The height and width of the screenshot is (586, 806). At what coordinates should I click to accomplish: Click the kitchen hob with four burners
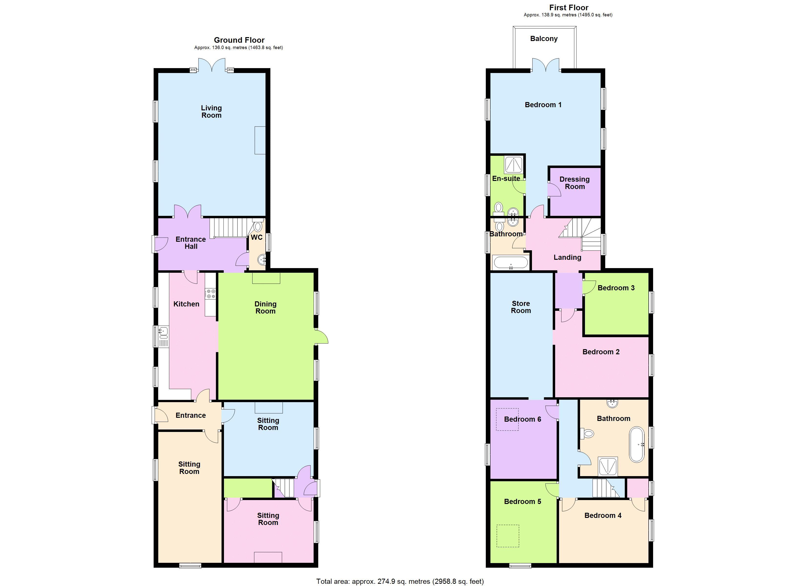[x=210, y=293]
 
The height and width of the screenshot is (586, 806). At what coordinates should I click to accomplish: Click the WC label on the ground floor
[x=257, y=237]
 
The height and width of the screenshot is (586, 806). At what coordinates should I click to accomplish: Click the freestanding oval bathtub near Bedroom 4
[x=636, y=444]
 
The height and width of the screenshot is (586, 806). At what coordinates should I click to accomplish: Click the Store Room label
[x=521, y=307]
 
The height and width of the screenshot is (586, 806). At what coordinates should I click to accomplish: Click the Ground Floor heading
[x=239, y=40]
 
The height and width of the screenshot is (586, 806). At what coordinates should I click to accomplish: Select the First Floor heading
[x=569, y=8]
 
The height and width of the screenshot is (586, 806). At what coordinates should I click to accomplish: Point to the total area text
[x=400, y=581]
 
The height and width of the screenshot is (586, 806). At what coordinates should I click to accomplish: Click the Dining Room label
[x=265, y=307]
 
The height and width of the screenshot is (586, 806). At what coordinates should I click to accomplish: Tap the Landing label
[x=567, y=257]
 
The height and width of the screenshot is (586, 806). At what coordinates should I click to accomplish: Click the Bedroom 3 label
[x=616, y=288]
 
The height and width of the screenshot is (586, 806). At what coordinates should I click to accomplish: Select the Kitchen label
[x=186, y=304]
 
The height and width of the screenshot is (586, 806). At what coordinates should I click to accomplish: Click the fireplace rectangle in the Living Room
[x=260, y=140]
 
